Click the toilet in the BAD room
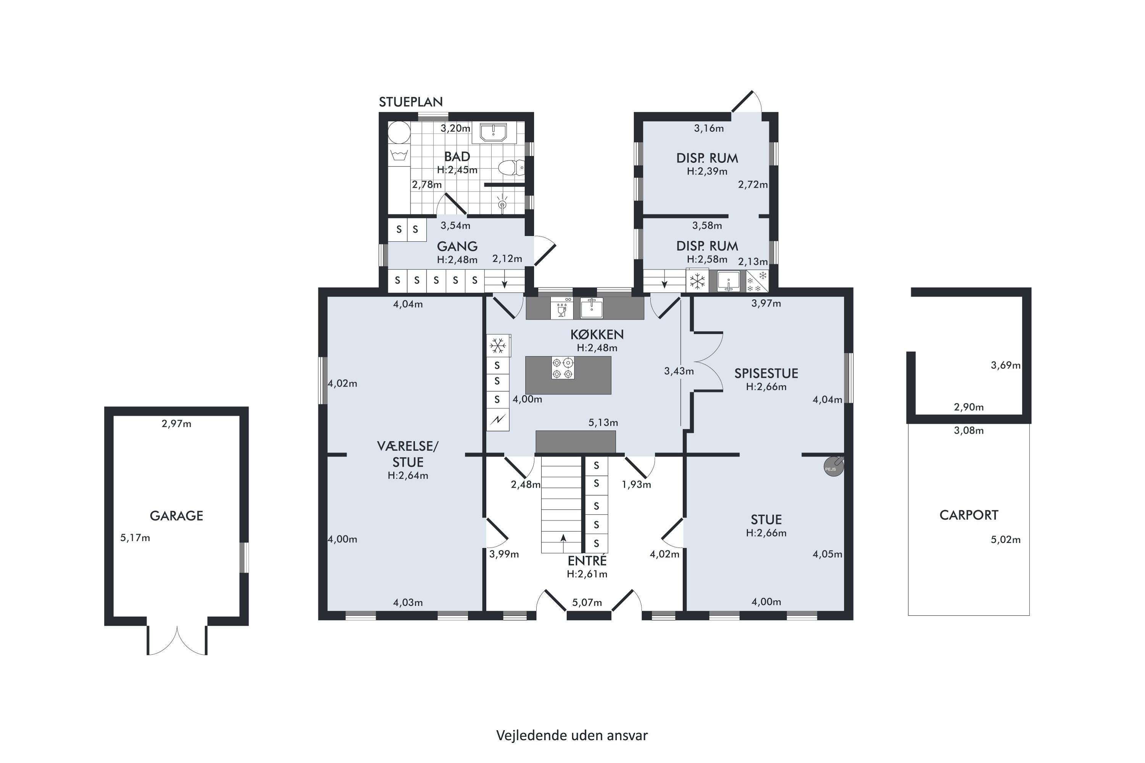click(x=511, y=168)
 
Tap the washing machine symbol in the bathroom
click(x=399, y=156)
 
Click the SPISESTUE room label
click(x=766, y=373)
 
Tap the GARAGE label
click(x=176, y=516)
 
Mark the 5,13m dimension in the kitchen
click(x=603, y=423)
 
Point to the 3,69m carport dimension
click(x=1006, y=365)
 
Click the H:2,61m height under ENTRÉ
click(x=587, y=574)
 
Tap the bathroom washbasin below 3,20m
click(x=493, y=133)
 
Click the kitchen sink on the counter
click(x=592, y=307)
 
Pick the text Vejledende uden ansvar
click(x=572, y=735)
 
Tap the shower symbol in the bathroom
click(x=502, y=204)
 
